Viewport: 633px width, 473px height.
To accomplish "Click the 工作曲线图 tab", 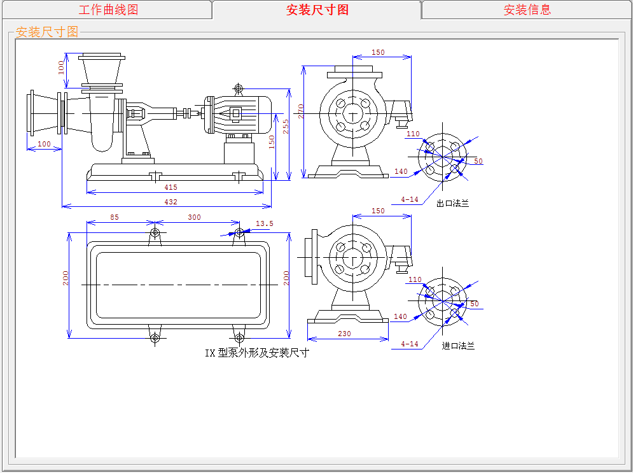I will [108, 10].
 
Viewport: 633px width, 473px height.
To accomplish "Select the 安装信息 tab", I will [527, 10].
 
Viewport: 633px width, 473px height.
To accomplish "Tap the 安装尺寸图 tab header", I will [317, 10].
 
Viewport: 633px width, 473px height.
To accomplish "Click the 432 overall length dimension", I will [170, 202].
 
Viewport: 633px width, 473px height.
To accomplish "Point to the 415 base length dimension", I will [170, 187].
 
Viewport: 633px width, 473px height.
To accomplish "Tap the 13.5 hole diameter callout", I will [264, 223].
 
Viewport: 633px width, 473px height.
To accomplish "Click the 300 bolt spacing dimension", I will [194, 217].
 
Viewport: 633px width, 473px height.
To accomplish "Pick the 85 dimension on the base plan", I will [115, 217].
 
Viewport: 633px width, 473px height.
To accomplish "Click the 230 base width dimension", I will [344, 334].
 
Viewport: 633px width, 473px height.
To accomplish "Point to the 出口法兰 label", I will [452, 204].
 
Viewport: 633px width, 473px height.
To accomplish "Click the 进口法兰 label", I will [458, 346].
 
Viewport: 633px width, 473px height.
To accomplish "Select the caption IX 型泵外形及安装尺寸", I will [256, 353].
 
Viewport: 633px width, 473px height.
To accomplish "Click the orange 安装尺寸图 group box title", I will [47, 32].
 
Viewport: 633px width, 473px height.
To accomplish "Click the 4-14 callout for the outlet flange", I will [410, 199].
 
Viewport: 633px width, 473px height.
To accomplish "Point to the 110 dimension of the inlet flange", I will [415, 279].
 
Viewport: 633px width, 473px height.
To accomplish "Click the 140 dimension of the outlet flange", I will [401, 171].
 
